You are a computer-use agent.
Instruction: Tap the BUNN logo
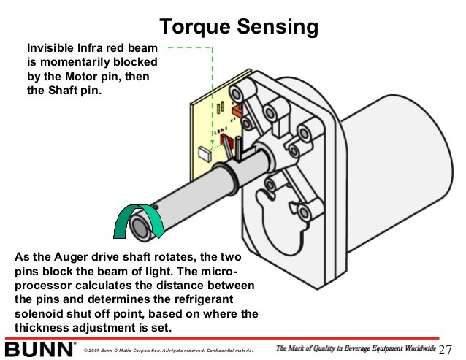tap(40, 348)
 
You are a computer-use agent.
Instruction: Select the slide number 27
tap(446, 348)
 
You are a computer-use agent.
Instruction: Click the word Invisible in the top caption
tap(50, 49)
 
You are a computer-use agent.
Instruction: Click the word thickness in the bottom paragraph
tap(42, 328)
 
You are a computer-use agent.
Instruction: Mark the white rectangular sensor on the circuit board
tap(203, 154)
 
